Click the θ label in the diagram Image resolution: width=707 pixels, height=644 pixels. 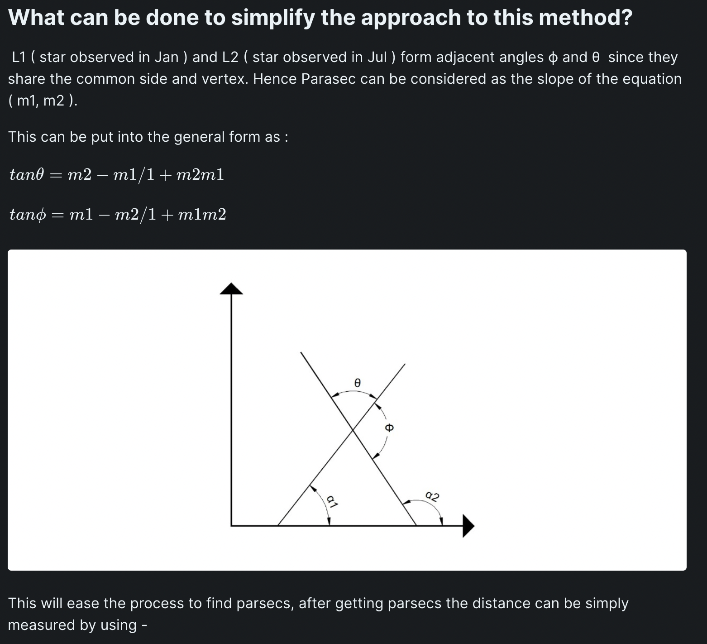click(x=357, y=383)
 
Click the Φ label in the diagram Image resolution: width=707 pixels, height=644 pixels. click(x=389, y=428)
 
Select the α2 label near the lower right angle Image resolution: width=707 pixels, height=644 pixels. click(x=433, y=496)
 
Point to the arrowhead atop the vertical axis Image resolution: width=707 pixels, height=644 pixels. click(x=231, y=288)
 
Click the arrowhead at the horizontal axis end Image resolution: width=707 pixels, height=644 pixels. click(x=468, y=526)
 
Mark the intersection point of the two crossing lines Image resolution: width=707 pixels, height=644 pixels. click(x=353, y=430)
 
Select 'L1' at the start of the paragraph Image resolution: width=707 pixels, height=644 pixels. click(x=20, y=57)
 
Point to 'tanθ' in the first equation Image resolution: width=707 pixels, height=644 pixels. click(x=27, y=174)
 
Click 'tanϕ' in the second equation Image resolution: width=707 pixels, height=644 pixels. click(x=28, y=214)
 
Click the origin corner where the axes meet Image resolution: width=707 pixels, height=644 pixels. click(x=231, y=525)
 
